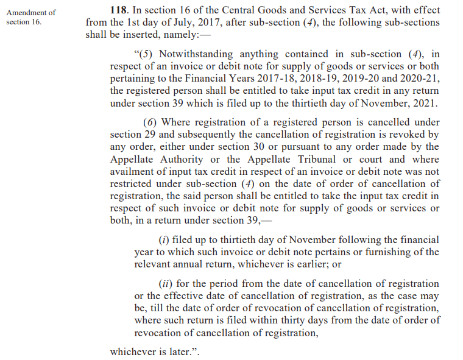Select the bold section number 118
click(118, 11)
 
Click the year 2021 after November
click(424, 103)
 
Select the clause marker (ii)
click(165, 284)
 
